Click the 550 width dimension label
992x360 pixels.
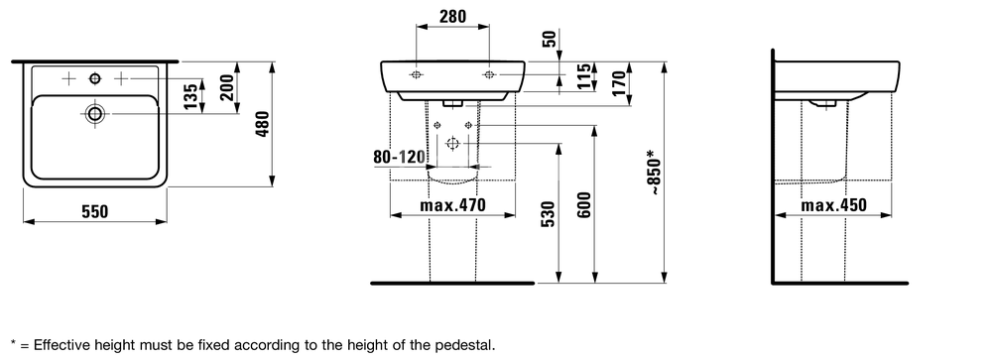point(95,212)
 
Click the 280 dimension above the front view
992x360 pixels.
point(452,17)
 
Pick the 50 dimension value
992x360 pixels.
point(550,39)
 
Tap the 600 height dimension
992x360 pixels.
point(584,204)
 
